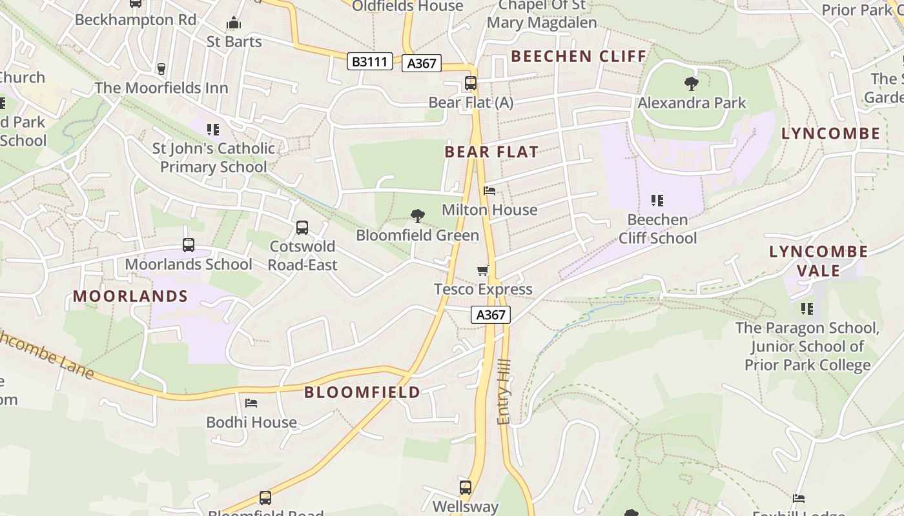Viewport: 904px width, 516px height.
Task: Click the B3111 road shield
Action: coord(370,61)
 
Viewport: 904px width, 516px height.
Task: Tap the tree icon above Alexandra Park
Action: coord(691,83)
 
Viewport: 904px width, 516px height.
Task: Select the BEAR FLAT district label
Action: coord(491,152)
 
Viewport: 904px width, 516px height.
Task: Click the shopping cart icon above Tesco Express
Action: coord(483,270)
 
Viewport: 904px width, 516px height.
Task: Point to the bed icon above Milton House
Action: coord(489,191)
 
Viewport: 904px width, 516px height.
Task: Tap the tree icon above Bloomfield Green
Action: coord(418,215)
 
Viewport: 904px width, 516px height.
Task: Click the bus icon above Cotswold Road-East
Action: coord(302,227)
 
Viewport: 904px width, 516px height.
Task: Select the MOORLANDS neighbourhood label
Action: coord(130,296)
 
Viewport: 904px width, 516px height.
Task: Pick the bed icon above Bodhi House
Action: coord(251,403)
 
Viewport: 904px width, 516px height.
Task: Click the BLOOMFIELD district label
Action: coord(362,392)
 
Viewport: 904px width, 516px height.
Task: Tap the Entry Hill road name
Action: coord(504,392)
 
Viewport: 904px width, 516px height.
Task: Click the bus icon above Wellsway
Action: coord(465,487)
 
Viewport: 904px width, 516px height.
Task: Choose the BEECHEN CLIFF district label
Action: coord(579,56)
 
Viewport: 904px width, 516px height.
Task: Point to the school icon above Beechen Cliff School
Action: coord(657,200)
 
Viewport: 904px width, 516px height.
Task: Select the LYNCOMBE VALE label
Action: coord(818,261)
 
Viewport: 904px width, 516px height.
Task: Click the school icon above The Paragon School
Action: coord(806,308)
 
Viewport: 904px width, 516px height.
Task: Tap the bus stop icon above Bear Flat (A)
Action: coord(471,83)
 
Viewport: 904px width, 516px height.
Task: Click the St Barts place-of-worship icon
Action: coord(234,24)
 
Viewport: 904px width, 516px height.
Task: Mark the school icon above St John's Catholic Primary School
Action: coord(213,129)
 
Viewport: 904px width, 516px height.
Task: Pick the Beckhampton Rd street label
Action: coord(136,19)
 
